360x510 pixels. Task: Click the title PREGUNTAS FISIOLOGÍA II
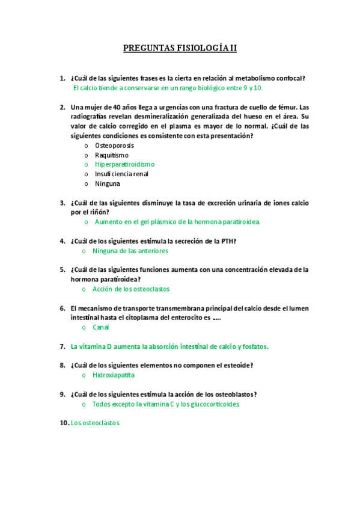pos(180,48)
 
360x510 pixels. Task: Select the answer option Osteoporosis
pos(114,146)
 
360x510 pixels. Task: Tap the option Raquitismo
pos(111,155)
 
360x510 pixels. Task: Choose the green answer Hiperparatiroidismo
pos(124,164)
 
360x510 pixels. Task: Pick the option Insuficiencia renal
pos(121,174)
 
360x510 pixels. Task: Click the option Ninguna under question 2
pos(108,183)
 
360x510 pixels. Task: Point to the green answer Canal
pos(101,328)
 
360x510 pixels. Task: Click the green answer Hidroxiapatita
pos(113,375)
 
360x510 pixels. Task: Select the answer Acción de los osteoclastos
pos(130,289)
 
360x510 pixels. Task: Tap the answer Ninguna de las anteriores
pos(130,251)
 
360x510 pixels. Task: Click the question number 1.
pos(62,78)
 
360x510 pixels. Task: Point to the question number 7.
pos(62,346)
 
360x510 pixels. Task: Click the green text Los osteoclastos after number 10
pos(96,423)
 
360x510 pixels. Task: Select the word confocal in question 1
pos(288,78)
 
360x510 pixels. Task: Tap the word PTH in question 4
pos(228,241)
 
